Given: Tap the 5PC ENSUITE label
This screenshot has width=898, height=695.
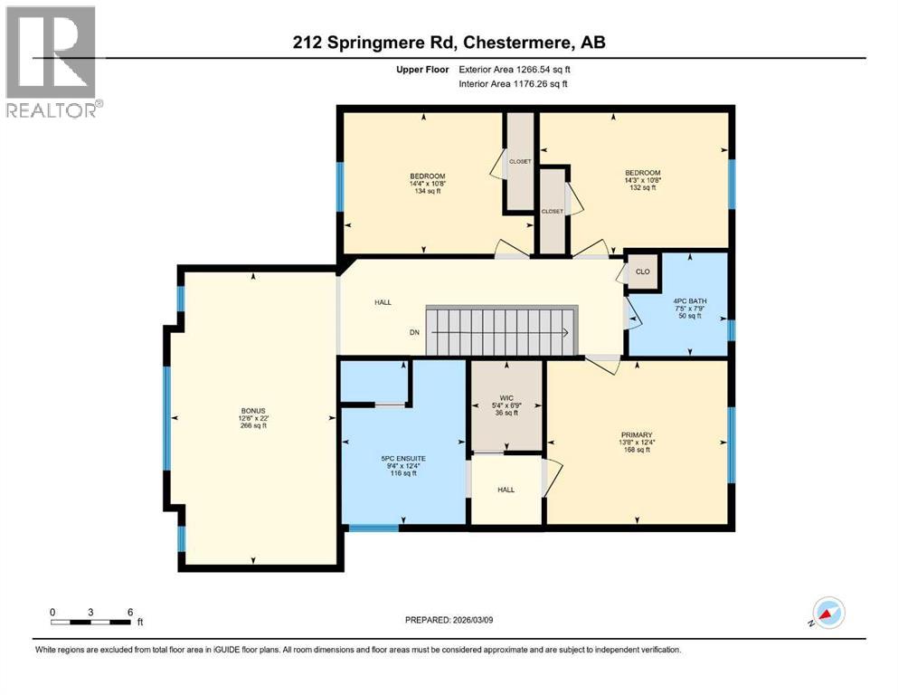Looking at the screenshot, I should coord(402,458).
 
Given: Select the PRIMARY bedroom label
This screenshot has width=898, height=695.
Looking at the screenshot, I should coord(637,434).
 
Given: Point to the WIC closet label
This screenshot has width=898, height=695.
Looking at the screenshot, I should coord(506,396).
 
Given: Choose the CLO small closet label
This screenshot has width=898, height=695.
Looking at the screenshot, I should coord(642,271).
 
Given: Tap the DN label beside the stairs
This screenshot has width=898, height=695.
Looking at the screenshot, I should coord(413,332).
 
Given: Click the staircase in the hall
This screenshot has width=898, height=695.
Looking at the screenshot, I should coord(500,331).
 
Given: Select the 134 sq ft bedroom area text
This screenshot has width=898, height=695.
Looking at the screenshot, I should coord(427,192).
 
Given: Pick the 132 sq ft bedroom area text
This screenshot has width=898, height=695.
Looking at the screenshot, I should coord(642,189).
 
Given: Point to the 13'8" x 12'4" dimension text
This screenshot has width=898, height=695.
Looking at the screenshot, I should coord(637,443).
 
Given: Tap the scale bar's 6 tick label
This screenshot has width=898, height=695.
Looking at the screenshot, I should coord(130,612).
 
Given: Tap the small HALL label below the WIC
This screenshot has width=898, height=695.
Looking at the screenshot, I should coord(506,490).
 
